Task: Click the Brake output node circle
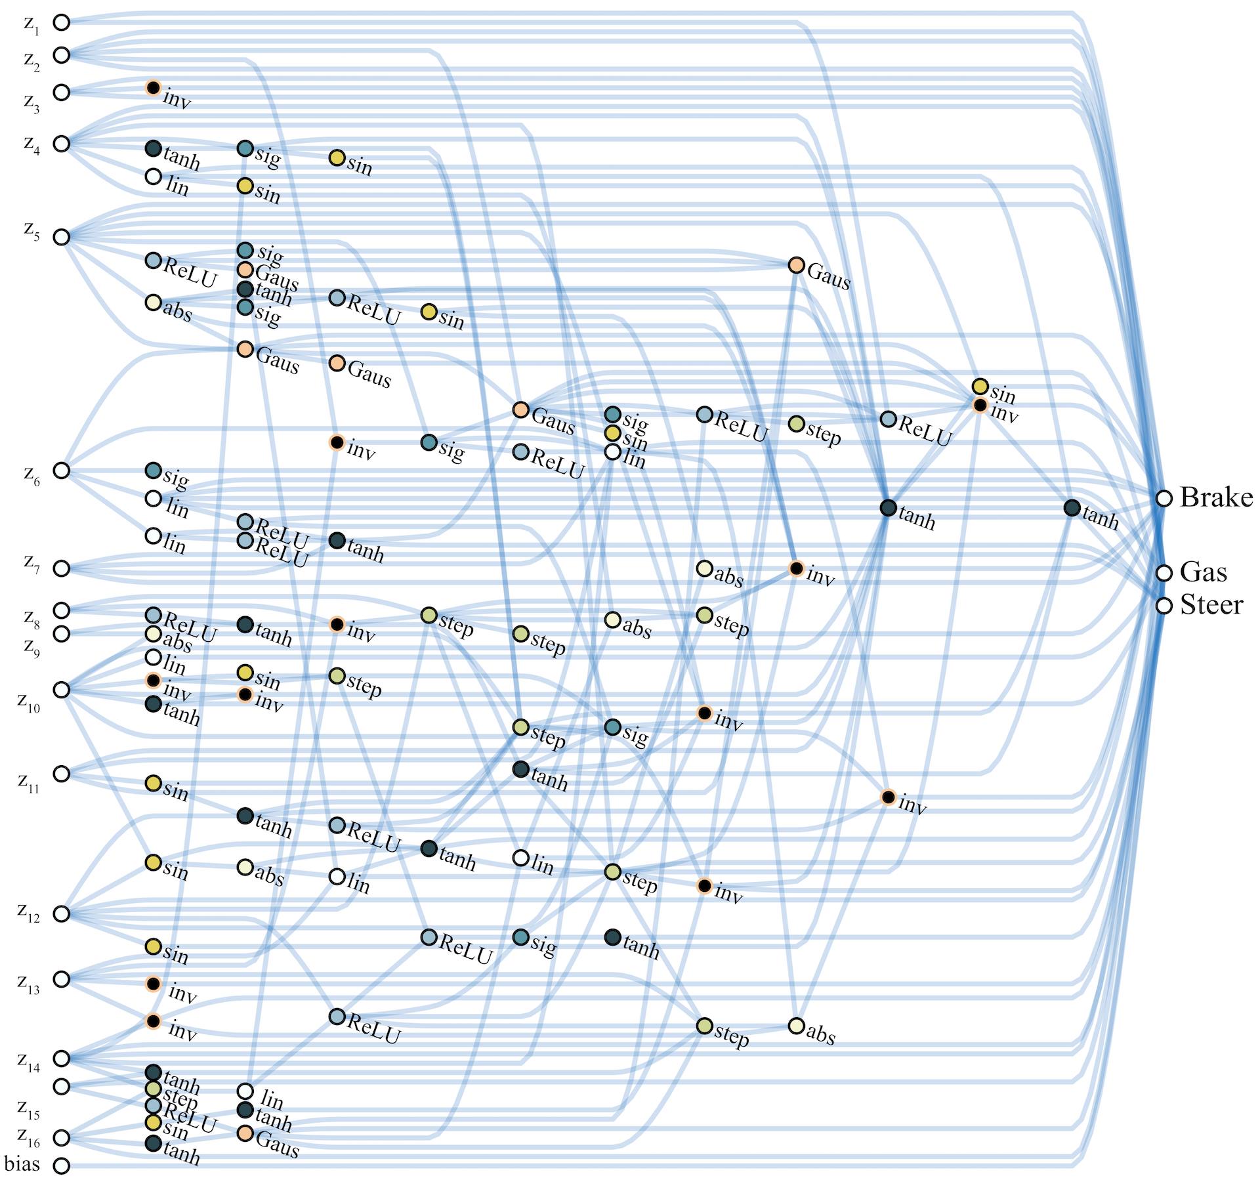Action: click(1164, 498)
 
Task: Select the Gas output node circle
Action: click(1164, 573)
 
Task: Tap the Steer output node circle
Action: click(1164, 605)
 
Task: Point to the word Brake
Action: click(1216, 497)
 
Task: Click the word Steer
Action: click(1211, 605)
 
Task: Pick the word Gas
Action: click(1203, 572)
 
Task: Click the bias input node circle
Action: click(61, 1166)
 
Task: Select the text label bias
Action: click(22, 1164)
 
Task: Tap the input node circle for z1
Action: click(61, 22)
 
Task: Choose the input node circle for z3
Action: click(61, 92)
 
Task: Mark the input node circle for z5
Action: click(61, 236)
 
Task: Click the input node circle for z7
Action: click(61, 568)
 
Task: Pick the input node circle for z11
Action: click(61, 774)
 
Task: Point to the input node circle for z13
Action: click(61, 979)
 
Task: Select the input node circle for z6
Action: click(61, 471)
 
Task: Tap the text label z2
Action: click(31, 61)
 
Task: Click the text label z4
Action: click(31, 144)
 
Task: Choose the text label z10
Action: click(29, 702)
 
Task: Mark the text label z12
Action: click(29, 912)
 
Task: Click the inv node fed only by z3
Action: click(153, 87)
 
